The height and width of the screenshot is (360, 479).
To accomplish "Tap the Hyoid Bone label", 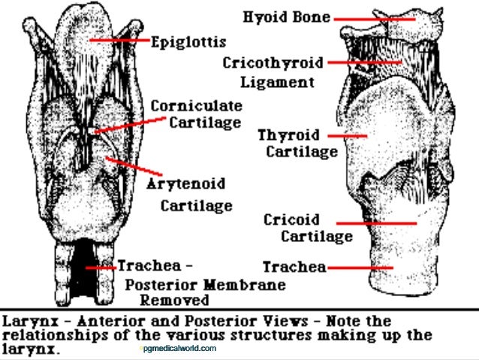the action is coord(287,16).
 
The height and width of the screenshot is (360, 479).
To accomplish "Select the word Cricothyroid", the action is coord(272,63).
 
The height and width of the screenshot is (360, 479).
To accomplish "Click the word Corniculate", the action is coord(196,105).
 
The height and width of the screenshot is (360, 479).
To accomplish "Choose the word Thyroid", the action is coord(289,136).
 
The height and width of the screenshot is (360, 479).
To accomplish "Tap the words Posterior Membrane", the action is coord(205,285).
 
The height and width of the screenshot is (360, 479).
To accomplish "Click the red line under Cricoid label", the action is coord(375,223).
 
